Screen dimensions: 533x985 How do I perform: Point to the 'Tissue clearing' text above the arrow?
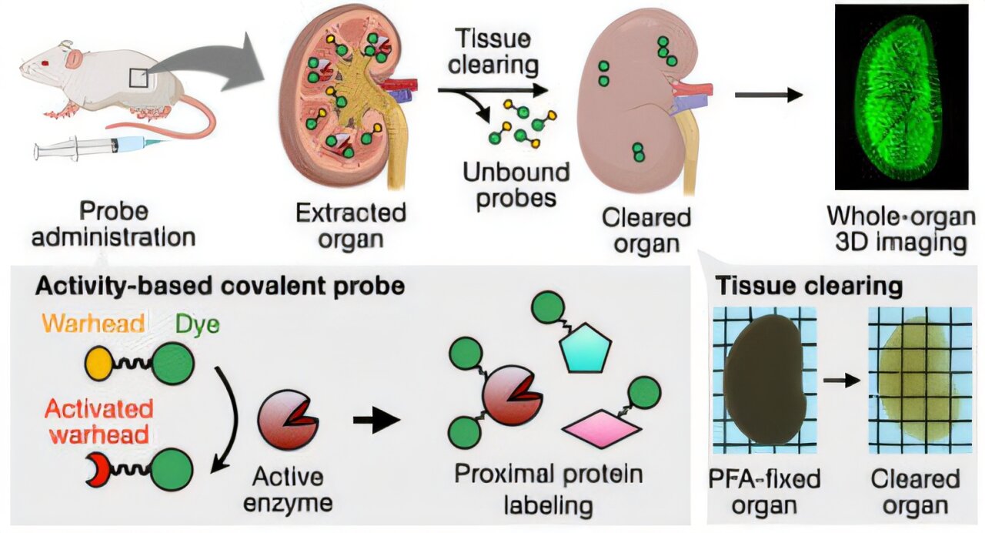coord(494,50)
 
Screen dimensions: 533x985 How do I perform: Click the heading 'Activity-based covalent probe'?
coord(219,285)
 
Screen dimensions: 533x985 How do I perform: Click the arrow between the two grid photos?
coord(841,380)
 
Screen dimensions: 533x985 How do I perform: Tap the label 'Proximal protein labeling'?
coord(548,489)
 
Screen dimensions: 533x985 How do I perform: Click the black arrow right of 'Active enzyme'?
coord(376,421)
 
